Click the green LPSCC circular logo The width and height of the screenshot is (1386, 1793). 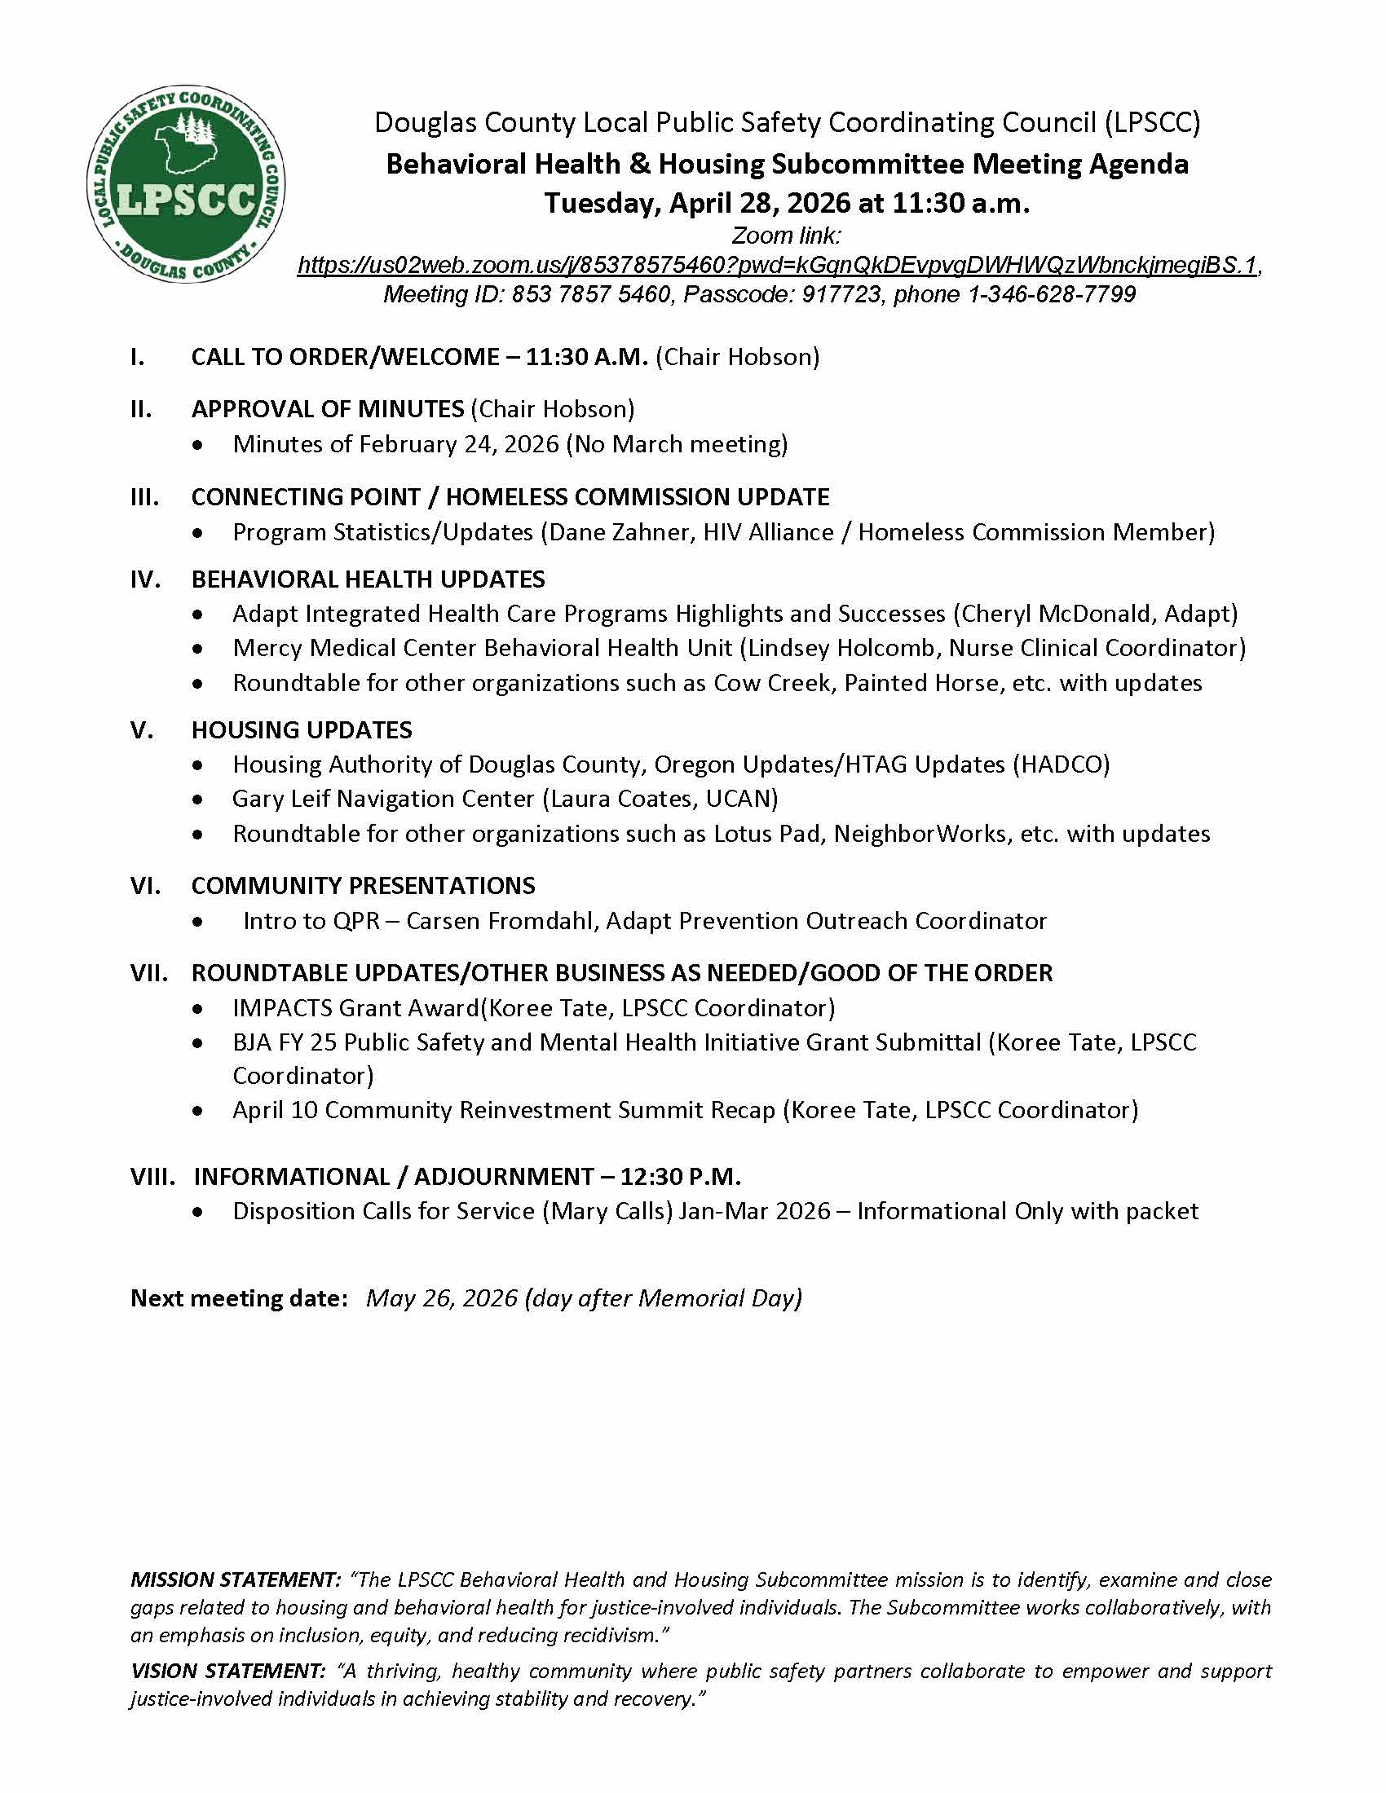[186, 184]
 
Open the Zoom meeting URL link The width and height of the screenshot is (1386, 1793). [777, 265]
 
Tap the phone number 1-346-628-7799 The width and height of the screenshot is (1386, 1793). [1053, 294]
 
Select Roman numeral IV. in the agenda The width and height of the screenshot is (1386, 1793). [145, 579]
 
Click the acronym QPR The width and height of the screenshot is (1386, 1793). [356, 921]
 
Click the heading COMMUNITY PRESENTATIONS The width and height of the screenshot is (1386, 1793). [363, 886]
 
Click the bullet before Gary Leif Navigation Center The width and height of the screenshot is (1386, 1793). [197, 800]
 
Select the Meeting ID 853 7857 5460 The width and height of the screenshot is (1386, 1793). [590, 294]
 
